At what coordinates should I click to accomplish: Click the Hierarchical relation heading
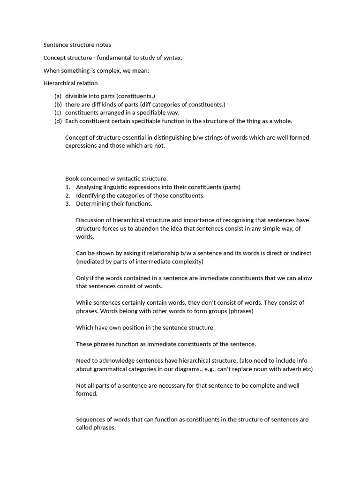pos(70,83)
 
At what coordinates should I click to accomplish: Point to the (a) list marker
pos(58,96)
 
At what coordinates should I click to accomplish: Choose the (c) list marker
pos(58,112)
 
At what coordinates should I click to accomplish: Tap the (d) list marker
pos(58,121)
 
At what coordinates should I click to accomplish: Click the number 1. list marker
pos(67,187)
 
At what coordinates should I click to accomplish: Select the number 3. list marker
pos(67,203)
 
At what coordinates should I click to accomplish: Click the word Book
pos(73,179)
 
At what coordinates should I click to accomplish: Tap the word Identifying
pos(92,195)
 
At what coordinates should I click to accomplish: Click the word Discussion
pos(92,220)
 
